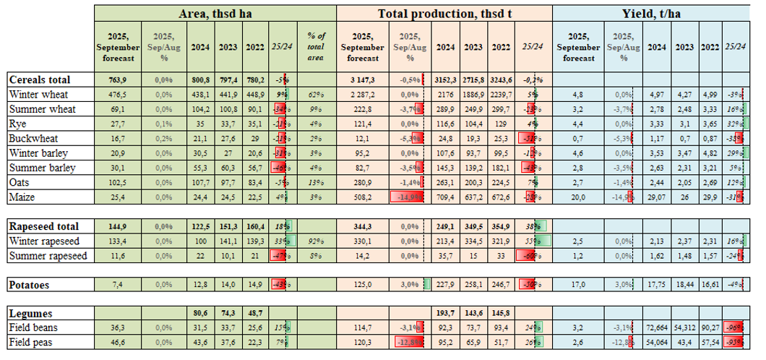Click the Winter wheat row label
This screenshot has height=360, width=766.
[x=34, y=94]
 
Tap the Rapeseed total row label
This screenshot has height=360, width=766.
[x=43, y=226]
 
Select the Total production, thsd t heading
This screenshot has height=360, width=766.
[x=444, y=13]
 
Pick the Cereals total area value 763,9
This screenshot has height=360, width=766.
[x=118, y=80]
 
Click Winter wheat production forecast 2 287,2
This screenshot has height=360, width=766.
[x=362, y=94]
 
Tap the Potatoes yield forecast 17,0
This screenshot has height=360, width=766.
[x=579, y=285]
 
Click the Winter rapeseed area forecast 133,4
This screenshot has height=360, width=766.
[x=118, y=241]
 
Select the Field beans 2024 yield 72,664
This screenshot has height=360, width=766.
[x=656, y=328]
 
